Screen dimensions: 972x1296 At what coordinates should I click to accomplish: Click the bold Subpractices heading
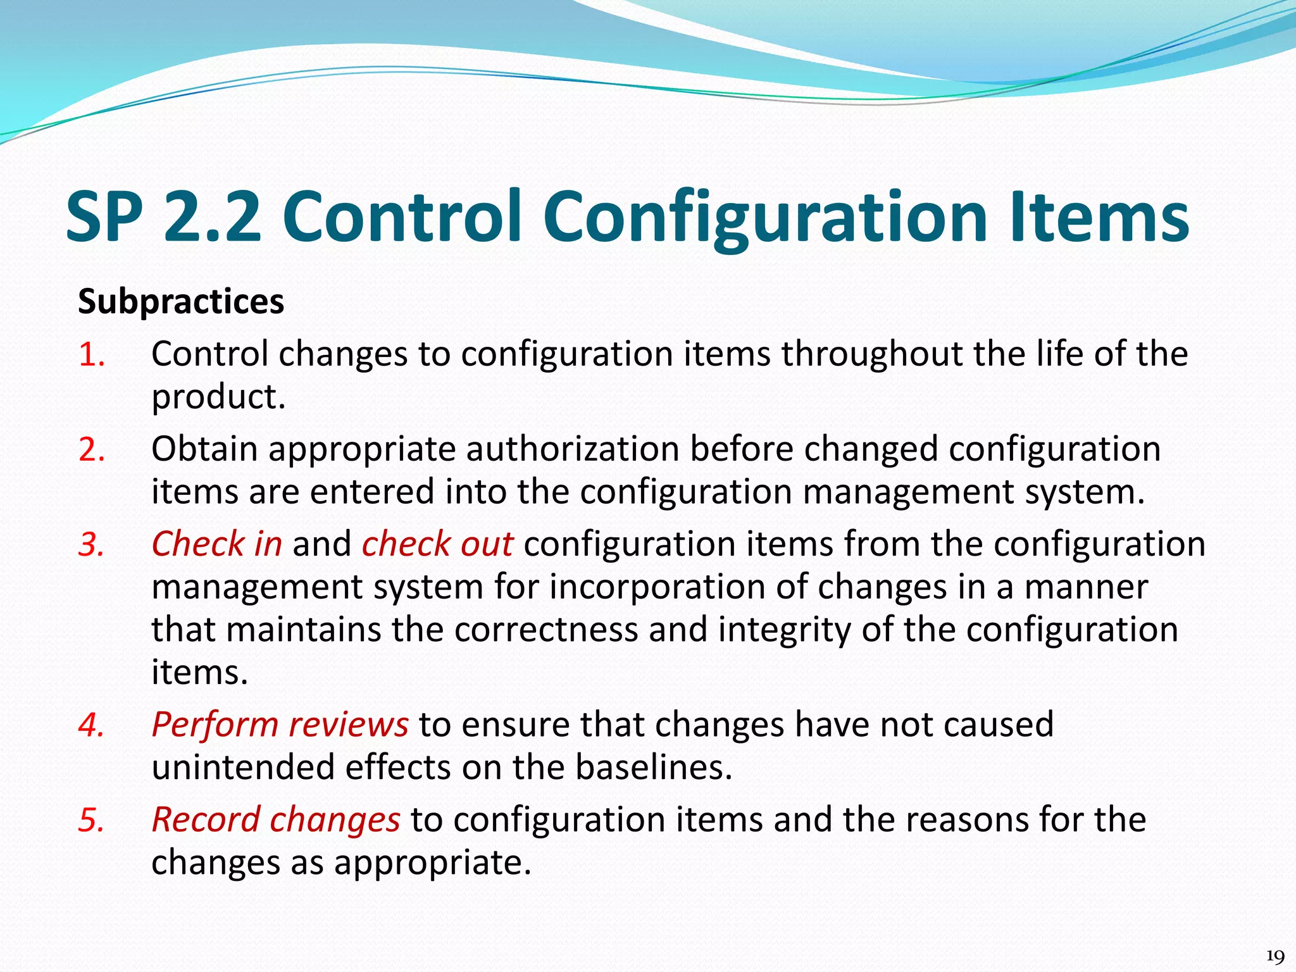click(x=181, y=302)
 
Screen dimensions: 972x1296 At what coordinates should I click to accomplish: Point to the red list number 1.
click(x=91, y=354)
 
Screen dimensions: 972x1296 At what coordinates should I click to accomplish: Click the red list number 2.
click(x=91, y=450)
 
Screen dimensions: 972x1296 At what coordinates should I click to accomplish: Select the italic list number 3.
click(x=91, y=545)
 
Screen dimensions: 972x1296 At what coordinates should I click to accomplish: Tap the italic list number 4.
click(x=91, y=725)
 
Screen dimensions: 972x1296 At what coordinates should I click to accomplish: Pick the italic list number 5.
click(x=91, y=820)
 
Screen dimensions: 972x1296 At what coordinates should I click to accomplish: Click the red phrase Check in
click(x=216, y=544)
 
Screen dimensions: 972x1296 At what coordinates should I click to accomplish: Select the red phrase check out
click(x=437, y=544)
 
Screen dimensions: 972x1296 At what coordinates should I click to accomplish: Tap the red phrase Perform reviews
click(x=280, y=725)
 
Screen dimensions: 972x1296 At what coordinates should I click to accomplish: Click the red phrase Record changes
click(x=276, y=820)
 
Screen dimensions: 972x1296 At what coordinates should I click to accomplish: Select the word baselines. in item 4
click(x=654, y=768)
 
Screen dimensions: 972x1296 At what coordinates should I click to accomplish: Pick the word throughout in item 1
click(x=872, y=354)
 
